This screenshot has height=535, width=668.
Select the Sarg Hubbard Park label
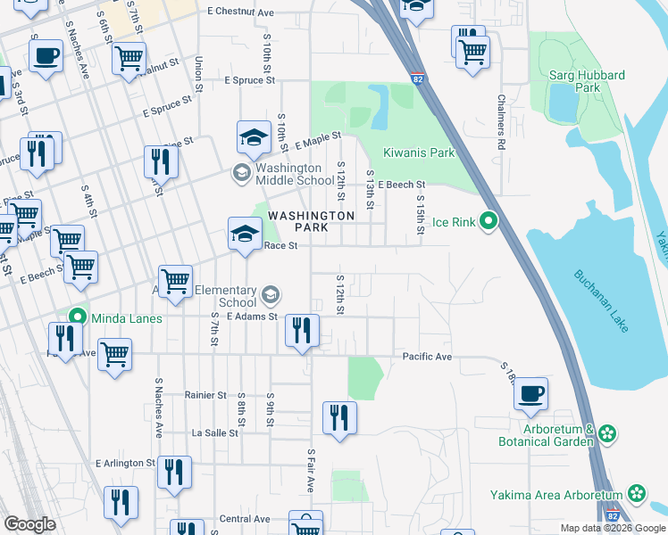588,82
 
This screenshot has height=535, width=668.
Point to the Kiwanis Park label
419,152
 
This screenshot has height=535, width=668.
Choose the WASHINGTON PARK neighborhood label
312,221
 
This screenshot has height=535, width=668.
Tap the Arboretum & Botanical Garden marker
607,434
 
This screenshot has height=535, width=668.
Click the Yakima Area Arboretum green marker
636,493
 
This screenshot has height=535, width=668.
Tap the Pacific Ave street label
427,357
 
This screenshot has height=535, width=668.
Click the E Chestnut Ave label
240,12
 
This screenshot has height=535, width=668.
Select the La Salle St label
215,432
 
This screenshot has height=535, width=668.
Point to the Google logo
29,524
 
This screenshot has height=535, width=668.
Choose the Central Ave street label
245,519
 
